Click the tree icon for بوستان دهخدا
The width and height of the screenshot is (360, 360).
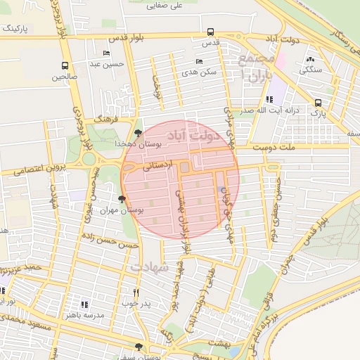click(x=137, y=132)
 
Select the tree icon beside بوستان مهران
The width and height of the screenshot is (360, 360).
click(x=123, y=200)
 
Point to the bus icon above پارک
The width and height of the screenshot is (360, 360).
click(x=319, y=101)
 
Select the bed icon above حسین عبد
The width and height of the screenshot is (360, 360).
click(x=107, y=53)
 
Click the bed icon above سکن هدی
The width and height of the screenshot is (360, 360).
click(x=197, y=62)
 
